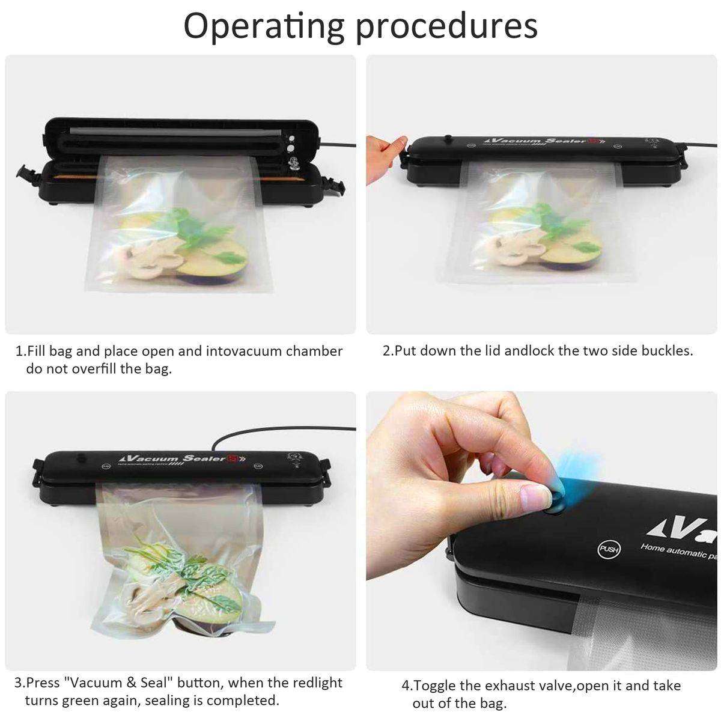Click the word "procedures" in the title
441,26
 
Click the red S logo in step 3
231,460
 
